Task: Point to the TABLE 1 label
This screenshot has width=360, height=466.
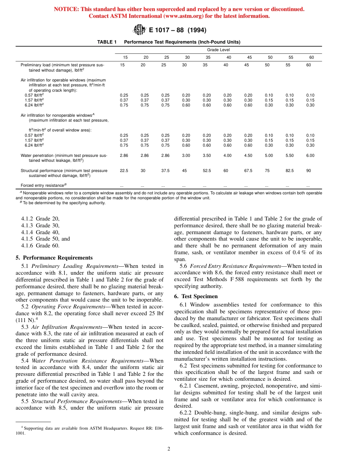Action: pos(107,42)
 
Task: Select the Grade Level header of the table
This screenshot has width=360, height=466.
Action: pos(218,50)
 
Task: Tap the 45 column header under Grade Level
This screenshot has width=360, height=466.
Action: pos(249,57)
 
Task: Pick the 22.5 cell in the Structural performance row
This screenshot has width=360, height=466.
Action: pos(124,171)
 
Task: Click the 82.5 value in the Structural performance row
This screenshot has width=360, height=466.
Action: pos(291,171)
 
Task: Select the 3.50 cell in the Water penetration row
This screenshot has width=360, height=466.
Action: pos(207,155)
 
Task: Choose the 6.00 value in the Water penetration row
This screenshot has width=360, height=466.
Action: pos(310,155)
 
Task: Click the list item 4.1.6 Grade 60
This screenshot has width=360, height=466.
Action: pos(45,246)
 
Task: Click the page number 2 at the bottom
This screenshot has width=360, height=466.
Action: pos(169,449)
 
